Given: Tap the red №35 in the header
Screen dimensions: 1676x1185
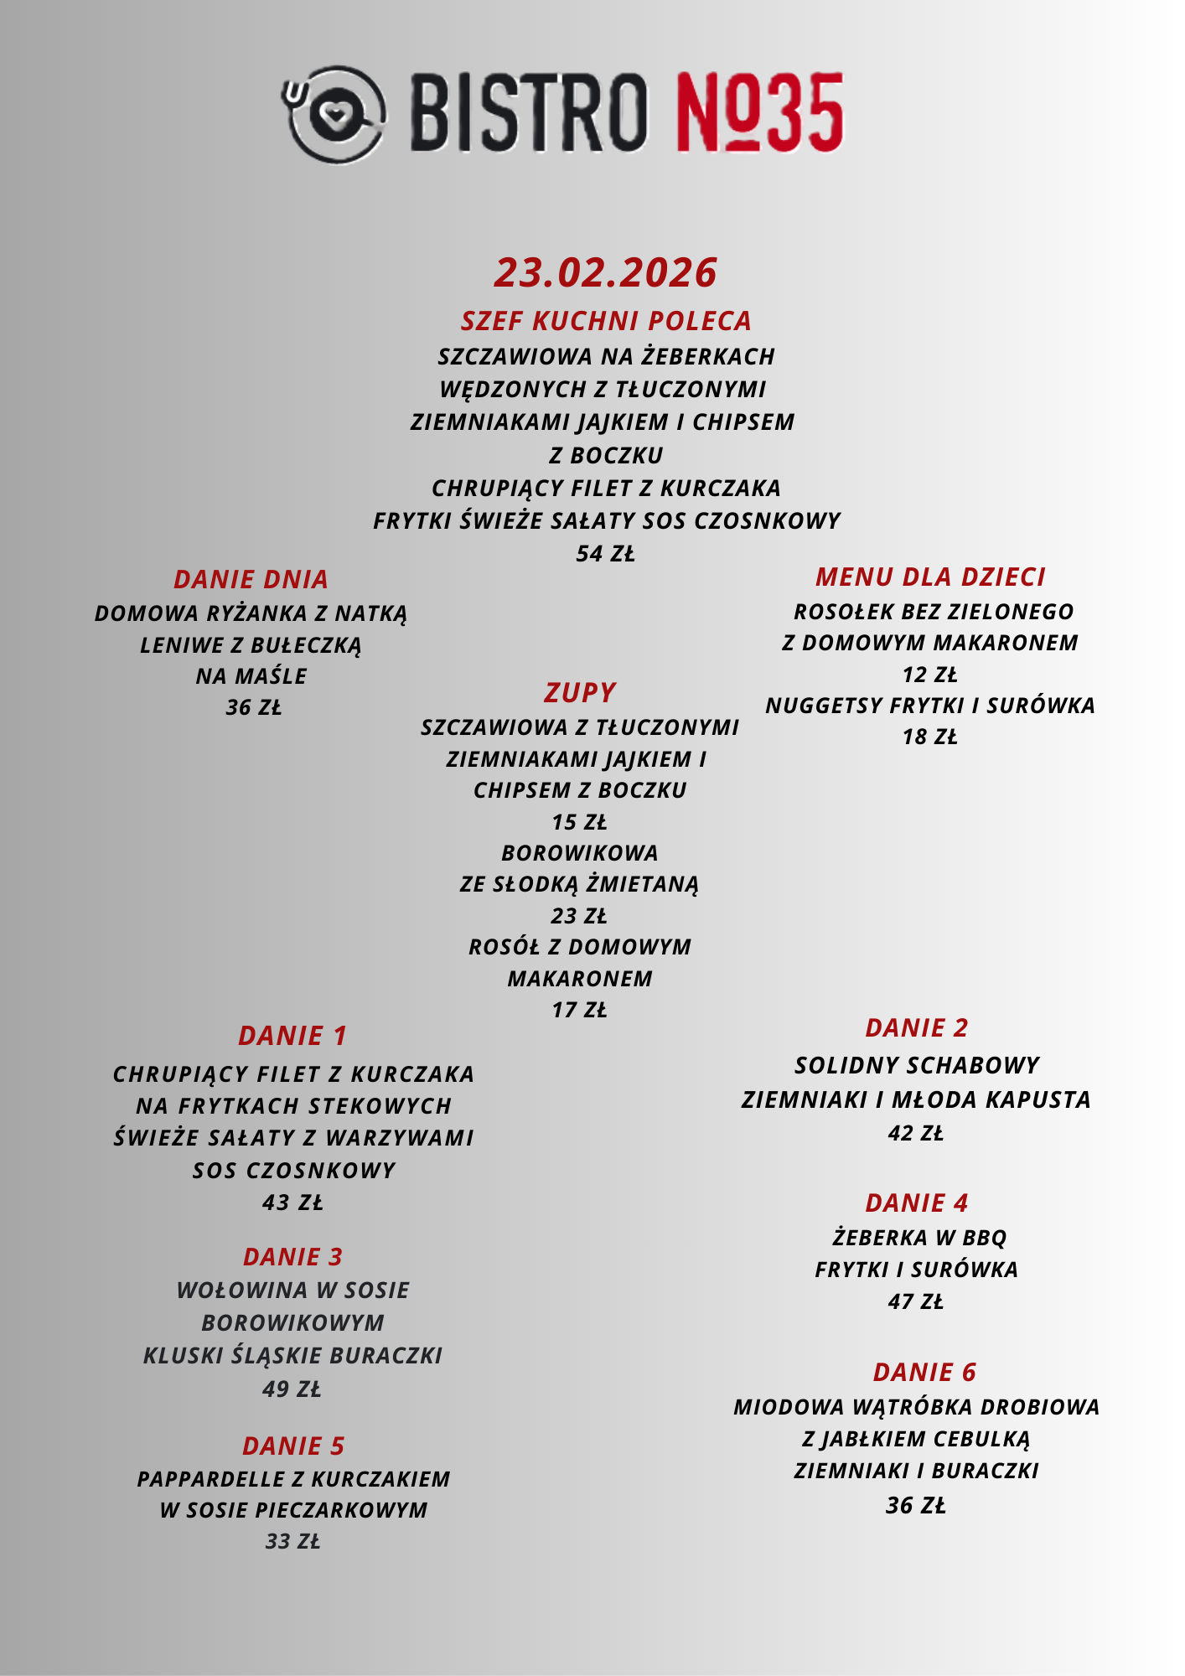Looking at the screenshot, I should (758, 113).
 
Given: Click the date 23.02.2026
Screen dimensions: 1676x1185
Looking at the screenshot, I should (605, 272).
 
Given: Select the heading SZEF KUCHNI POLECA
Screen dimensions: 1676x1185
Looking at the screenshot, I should (606, 321).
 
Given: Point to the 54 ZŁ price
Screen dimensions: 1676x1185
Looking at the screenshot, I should (605, 554).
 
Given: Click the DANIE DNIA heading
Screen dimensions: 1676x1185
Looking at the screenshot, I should (251, 579).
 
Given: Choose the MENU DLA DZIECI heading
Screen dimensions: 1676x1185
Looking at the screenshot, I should (930, 577).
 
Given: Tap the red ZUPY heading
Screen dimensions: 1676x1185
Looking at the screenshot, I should (580, 692).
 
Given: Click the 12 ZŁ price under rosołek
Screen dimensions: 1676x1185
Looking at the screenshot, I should (929, 675).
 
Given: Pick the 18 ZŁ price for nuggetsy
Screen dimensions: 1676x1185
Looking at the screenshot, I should (929, 737).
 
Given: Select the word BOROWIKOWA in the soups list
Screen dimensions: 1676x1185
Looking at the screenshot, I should (580, 853).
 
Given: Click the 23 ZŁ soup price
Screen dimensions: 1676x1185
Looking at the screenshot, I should (579, 916).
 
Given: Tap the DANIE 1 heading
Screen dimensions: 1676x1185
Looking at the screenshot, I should (292, 1036).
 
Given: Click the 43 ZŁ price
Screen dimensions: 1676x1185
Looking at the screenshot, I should (292, 1203).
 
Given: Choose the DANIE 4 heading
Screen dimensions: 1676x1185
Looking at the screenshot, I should (916, 1203).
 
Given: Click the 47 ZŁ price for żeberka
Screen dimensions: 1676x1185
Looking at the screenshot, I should (916, 1301).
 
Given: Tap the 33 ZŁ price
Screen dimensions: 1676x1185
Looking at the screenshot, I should (292, 1541).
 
